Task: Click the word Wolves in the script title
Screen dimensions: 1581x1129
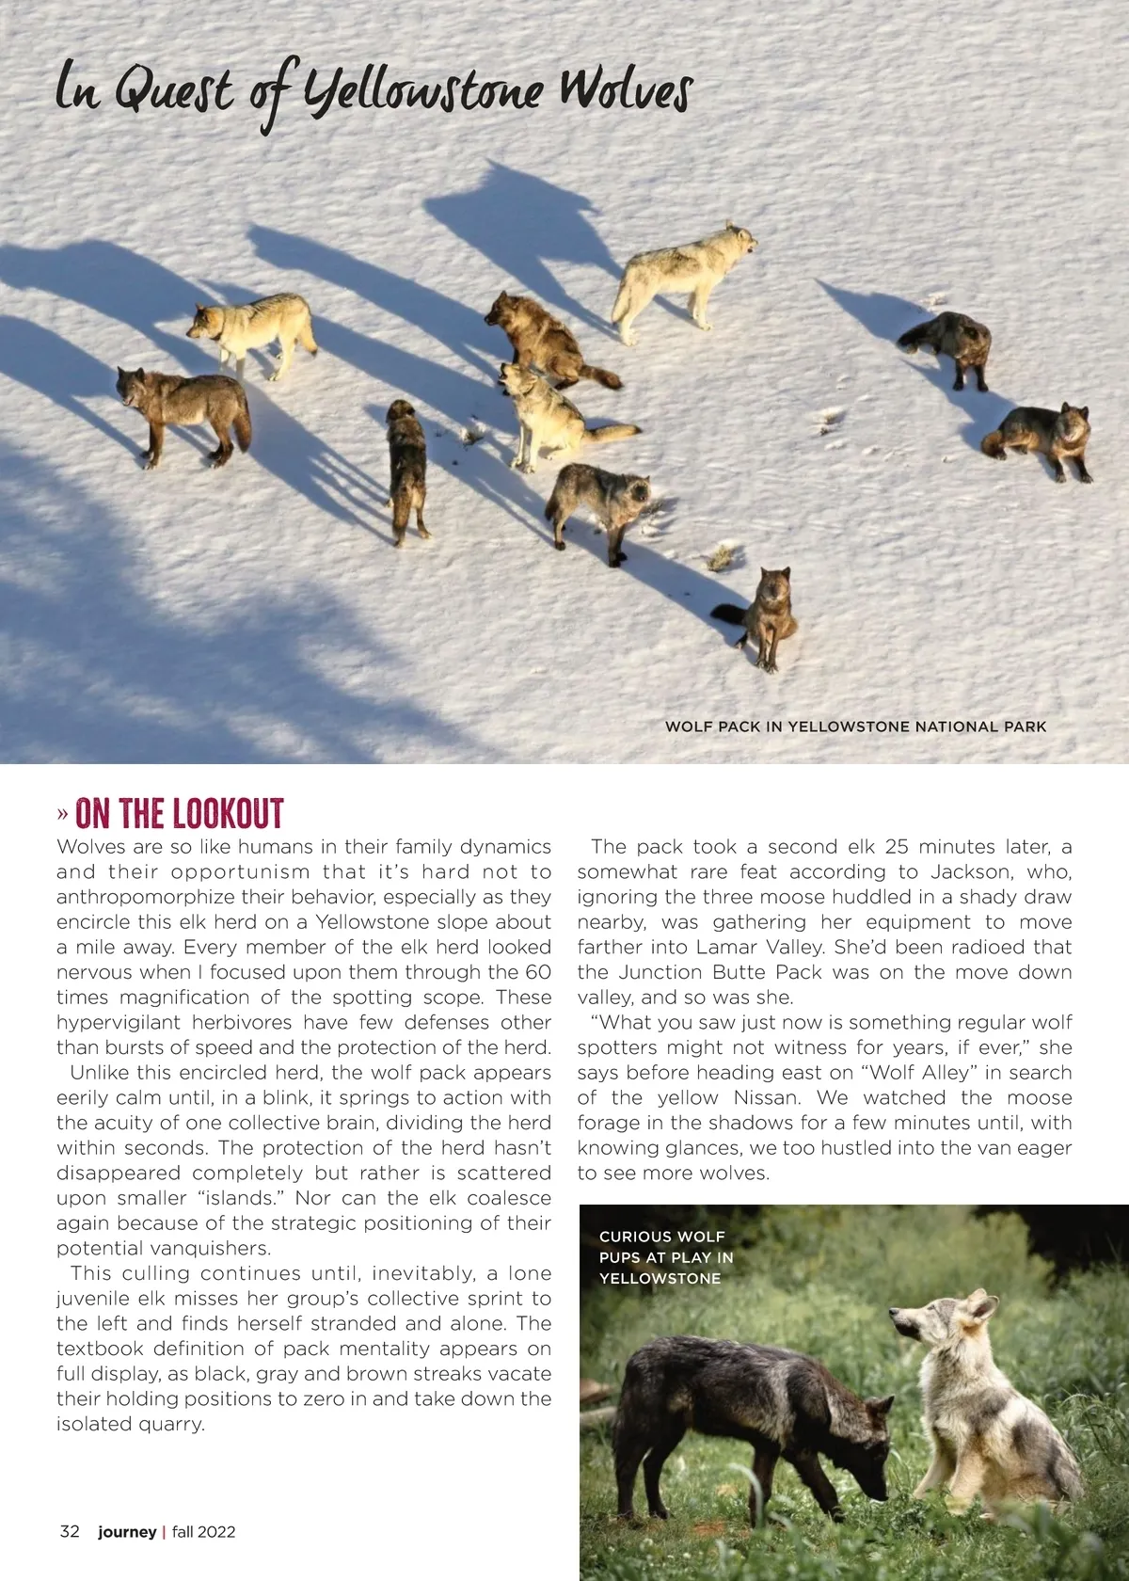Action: click(x=625, y=92)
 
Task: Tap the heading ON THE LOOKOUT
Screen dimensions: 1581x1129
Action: click(x=179, y=814)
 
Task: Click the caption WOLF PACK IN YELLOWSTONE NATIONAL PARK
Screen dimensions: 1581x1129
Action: click(x=855, y=727)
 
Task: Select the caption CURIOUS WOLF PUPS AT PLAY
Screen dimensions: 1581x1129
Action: click(x=666, y=1257)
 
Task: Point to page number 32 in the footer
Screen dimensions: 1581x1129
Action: click(x=70, y=1531)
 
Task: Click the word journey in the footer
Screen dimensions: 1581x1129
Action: click(x=127, y=1531)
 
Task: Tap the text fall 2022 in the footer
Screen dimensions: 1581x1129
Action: click(x=203, y=1531)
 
